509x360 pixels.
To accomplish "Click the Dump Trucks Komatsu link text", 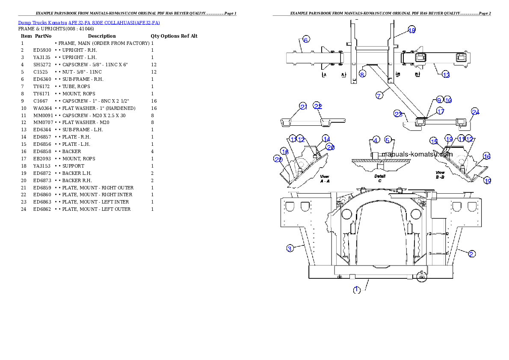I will point(89,23).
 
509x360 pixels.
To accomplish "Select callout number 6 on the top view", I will point(306,40).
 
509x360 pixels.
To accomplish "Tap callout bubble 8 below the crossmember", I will point(362,74).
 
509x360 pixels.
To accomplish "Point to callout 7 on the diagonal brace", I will point(379,95).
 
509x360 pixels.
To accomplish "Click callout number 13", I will point(446,75).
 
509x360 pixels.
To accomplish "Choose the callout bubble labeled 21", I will point(303,106).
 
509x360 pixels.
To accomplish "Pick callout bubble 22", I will point(317,106).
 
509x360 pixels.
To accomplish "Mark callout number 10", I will point(448,100).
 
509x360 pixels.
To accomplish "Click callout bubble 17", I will point(441,111).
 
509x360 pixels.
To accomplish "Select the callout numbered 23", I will point(398,114).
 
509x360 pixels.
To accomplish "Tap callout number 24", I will point(475,112).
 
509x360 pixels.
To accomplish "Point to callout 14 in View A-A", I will point(326,139).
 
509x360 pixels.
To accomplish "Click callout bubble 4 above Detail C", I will point(376,140).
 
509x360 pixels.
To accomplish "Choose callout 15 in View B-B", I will point(434,142).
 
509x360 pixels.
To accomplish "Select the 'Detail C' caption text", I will point(380,178).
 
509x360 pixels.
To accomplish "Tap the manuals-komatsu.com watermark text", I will point(417,154).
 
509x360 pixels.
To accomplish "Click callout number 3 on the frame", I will point(290,248).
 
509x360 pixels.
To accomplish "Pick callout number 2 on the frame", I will point(471,254).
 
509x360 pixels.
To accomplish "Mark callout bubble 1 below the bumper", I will point(357,290).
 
